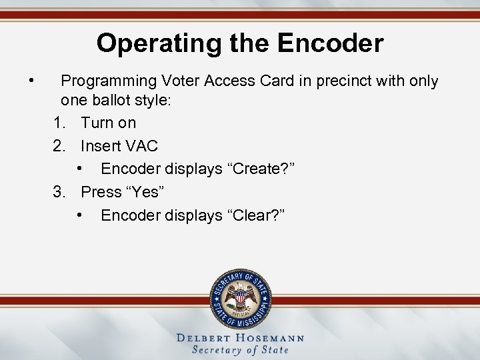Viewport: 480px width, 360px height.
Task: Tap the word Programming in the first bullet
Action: click(x=107, y=81)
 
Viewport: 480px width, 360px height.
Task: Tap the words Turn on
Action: click(x=109, y=123)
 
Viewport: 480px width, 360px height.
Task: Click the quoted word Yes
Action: click(x=145, y=192)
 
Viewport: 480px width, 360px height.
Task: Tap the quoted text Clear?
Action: click(x=257, y=215)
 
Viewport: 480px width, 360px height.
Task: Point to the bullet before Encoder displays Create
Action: click(x=79, y=169)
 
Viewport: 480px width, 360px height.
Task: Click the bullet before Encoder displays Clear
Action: click(x=79, y=215)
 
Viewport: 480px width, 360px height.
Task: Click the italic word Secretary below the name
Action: click(x=219, y=350)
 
